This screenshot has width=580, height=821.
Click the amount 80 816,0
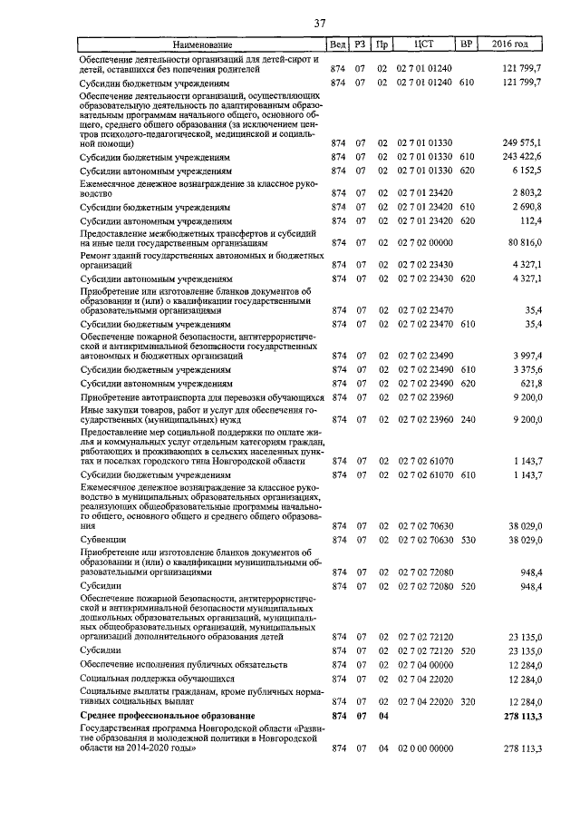pyautogui.click(x=523, y=243)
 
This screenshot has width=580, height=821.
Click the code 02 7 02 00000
pyautogui.click(x=424, y=243)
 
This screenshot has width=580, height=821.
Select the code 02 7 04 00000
pyautogui.click(x=424, y=664)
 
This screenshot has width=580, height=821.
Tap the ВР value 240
pyautogui.click(x=467, y=419)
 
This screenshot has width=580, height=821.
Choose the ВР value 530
pyautogui.click(x=467, y=540)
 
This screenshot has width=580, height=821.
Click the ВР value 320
pyautogui.click(x=467, y=701)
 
